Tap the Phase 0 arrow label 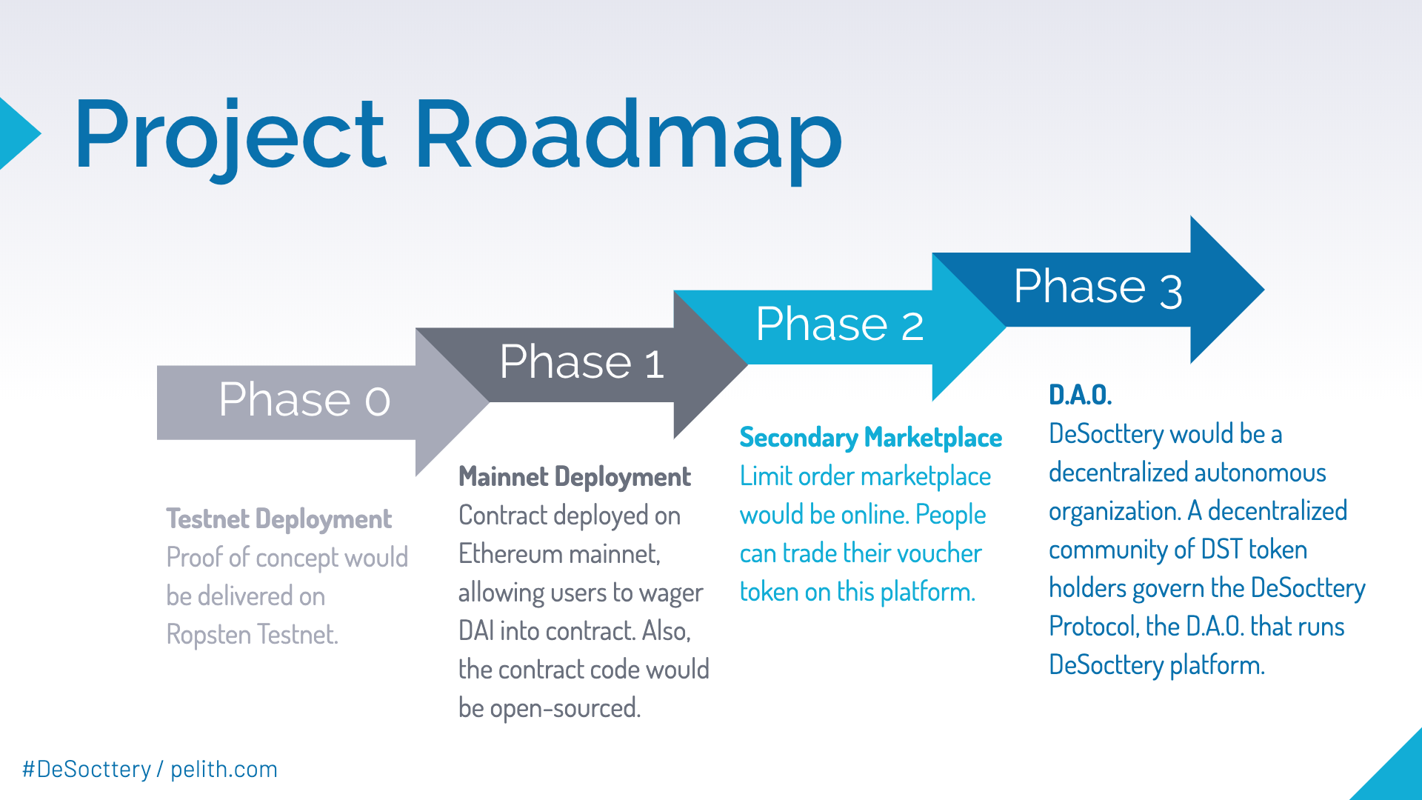pyautogui.click(x=304, y=400)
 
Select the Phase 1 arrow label pyautogui.click(x=581, y=362)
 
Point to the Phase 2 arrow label pyautogui.click(x=839, y=324)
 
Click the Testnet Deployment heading pyautogui.click(x=278, y=519)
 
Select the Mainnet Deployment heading pyautogui.click(x=574, y=477)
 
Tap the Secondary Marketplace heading pyautogui.click(x=870, y=438)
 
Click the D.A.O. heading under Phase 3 pyautogui.click(x=1080, y=395)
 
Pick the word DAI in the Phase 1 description pyautogui.click(x=476, y=631)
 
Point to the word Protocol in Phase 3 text pyautogui.click(x=1093, y=627)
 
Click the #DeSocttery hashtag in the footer pyautogui.click(x=87, y=770)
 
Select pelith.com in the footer pyautogui.click(x=224, y=770)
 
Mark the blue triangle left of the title pyautogui.click(x=16, y=134)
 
